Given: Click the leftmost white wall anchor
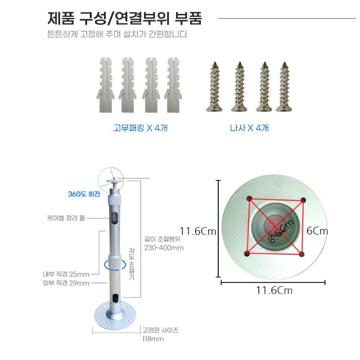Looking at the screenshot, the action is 105,85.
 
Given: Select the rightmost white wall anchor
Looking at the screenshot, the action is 173,85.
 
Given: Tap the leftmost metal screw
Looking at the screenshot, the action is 214,87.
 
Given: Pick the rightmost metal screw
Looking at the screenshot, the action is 284,87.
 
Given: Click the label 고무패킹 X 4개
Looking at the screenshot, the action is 141,128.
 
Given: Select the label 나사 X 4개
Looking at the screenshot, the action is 249,128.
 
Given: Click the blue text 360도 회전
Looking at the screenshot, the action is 84,194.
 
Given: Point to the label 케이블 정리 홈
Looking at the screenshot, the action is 66,218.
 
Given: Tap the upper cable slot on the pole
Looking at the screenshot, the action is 114,218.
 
